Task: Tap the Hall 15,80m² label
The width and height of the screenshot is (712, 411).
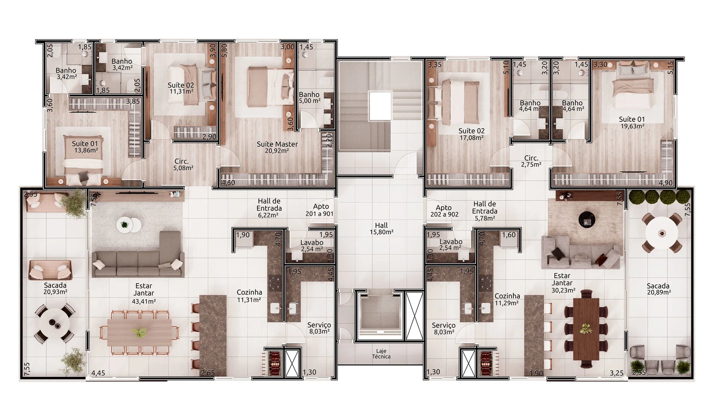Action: pyautogui.click(x=381, y=228)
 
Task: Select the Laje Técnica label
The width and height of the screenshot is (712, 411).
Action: pyautogui.click(x=381, y=354)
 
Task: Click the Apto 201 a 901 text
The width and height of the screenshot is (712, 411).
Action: pyautogui.click(x=320, y=210)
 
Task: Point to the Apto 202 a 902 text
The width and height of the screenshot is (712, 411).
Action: pyautogui.click(x=444, y=211)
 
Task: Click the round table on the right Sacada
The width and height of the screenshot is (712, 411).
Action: pyautogui.click(x=662, y=233)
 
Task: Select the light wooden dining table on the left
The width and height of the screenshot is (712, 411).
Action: pyautogui.click(x=139, y=332)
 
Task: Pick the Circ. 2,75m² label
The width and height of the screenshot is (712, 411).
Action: pyautogui.click(x=531, y=161)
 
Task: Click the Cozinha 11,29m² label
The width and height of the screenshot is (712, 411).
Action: pyautogui.click(x=507, y=299)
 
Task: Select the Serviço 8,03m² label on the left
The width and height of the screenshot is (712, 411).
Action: pyautogui.click(x=319, y=328)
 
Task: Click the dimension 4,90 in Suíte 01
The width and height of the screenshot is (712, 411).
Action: pyautogui.click(x=666, y=183)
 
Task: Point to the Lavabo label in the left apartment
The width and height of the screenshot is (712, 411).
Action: pyautogui.click(x=312, y=245)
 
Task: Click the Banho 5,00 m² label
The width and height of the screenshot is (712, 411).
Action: pyautogui.click(x=309, y=97)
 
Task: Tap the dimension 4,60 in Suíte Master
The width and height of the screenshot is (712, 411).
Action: pyautogui.click(x=228, y=183)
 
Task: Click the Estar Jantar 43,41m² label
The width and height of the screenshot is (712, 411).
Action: pyautogui.click(x=144, y=293)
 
